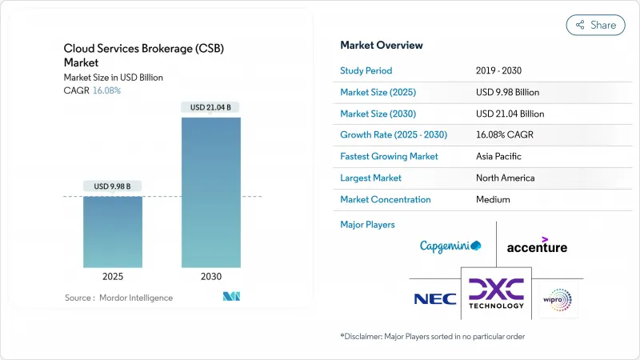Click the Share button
tap(595, 25)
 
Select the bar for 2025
tap(113, 231)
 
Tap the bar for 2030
tap(211, 192)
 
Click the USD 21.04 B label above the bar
tap(211, 107)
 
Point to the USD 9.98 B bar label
tap(113, 186)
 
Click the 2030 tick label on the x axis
tap(211, 276)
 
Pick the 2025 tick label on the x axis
tap(113, 276)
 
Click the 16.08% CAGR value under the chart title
tap(106, 90)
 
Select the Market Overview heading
tap(382, 45)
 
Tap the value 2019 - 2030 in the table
tap(498, 70)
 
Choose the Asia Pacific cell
tap(499, 156)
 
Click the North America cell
tap(505, 178)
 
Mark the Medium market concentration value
tap(492, 199)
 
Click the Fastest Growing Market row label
tap(389, 156)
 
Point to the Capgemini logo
tap(450, 246)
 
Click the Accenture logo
tap(537, 245)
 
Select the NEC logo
tap(434, 299)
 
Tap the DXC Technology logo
tap(496, 294)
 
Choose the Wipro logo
tap(558, 299)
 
